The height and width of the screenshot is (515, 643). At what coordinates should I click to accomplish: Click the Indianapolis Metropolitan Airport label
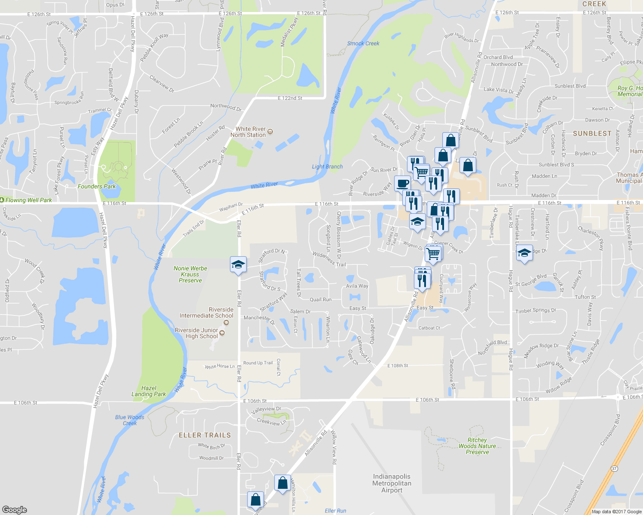[392, 483]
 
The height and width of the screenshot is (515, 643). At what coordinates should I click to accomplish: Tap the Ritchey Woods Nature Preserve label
[477, 446]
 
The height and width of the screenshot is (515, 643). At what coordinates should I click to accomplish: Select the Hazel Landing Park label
[149, 391]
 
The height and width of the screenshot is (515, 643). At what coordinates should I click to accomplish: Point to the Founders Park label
[97, 186]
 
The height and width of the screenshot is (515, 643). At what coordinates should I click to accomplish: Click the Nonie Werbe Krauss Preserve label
[190, 274]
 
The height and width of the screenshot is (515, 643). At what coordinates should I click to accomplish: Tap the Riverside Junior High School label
[196, 333]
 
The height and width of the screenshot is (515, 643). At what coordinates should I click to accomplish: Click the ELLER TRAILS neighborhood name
[205, 435]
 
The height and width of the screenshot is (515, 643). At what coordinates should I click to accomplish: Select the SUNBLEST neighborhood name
[592, 133]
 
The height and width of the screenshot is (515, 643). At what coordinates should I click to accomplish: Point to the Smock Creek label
[363, 43]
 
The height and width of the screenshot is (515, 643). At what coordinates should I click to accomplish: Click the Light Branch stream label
[327, 167]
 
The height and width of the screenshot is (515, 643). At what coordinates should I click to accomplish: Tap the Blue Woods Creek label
[130, 420]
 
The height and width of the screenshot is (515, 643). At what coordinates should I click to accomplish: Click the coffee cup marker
[402, 184]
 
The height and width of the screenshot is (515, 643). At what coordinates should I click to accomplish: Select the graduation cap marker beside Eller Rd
[238, 265]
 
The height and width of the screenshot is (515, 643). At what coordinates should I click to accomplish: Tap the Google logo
[15, 509]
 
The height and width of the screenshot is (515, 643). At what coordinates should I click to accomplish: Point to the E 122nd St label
[290, 98]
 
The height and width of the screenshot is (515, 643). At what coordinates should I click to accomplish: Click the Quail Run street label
[321, 300]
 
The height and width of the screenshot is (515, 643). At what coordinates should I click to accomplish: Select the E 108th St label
[398, 366]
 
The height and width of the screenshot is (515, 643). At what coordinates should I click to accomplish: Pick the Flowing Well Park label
[28, 200]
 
